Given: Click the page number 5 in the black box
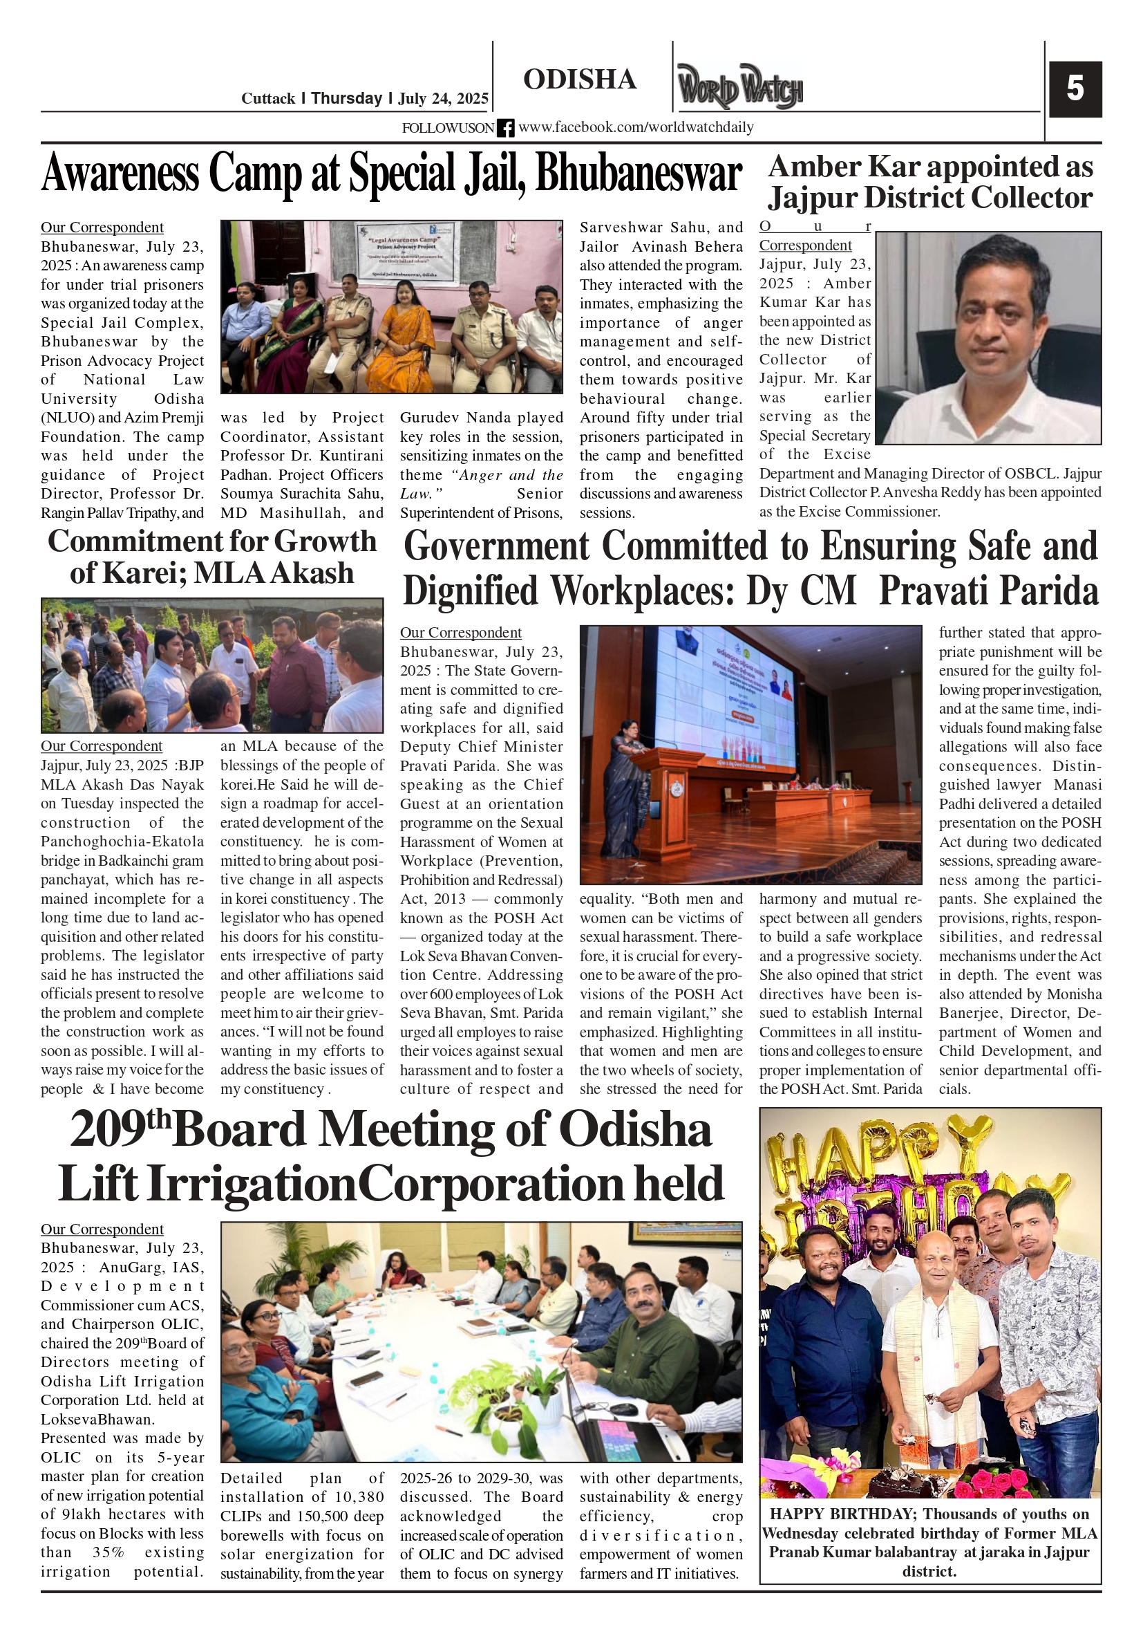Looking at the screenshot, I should (x=1075, y=89).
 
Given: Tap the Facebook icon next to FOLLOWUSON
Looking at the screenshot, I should (x=505, y=128).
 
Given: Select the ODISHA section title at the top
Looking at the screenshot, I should (x=580, y=80).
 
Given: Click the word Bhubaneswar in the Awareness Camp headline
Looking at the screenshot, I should (x=638, y=174).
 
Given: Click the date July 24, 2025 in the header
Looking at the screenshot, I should (x=443, y=98).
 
